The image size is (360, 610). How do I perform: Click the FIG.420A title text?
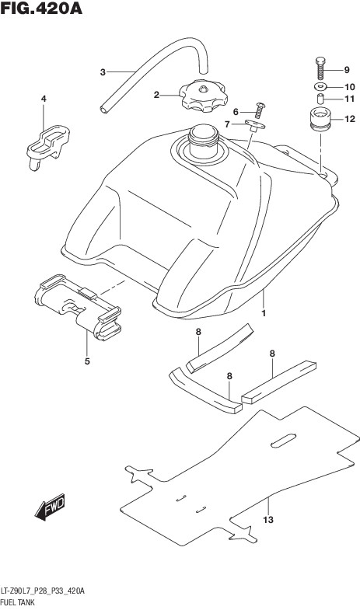[x=41, y=8]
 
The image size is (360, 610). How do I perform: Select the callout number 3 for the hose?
[x=103, y=72]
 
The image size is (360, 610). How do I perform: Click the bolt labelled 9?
[x=320, y=68]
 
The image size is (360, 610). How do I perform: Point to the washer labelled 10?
[x=320, y=85]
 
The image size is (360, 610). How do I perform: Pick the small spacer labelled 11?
[x=320, y=99]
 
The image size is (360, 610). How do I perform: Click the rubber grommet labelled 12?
[x=320, y=119]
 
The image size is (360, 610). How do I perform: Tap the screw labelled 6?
[x=260, y=110]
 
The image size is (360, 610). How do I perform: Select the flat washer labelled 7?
[x=255, y=125]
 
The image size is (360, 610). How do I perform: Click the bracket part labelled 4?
[x=48, y=146]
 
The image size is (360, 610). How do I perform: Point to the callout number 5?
[x=87, y=361]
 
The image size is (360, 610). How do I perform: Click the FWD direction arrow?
[x=50, y=507]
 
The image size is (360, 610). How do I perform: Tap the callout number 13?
[x=268, y=519]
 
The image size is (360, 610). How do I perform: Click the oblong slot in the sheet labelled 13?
[x=283, y=441]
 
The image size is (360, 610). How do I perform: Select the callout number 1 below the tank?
[x=264, y=313]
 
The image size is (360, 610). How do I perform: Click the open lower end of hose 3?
[x=104, y=110]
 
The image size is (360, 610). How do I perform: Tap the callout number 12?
[x=350, y=119]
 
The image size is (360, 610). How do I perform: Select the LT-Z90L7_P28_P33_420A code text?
[x=43, y=591]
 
